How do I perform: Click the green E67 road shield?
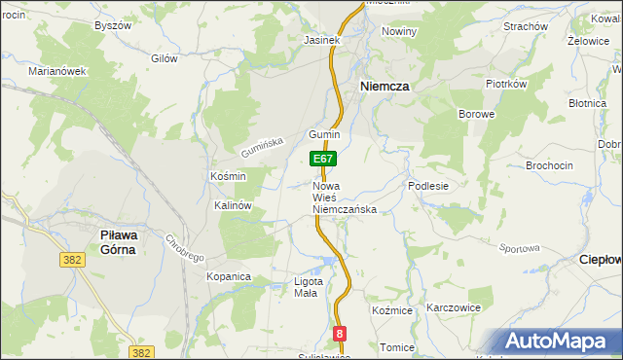(x=324, y=159)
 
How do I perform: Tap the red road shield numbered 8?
(x=339, y=334)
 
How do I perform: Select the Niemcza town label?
(x=385, y=86)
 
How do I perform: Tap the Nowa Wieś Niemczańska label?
(x=344, y=198)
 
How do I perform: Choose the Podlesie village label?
(x=428, y=186)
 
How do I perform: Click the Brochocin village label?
(x=549, y=165)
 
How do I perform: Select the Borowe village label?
(x=477, y=114)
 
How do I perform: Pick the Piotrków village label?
(x=505, y=84)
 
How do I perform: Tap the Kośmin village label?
(x=228, y=176)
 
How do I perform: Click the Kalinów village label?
(x=234, y=206)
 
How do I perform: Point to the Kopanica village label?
(x=229, y=277)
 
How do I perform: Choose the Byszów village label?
(x=112, y=25)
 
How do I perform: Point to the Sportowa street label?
(x=519, y=248)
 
